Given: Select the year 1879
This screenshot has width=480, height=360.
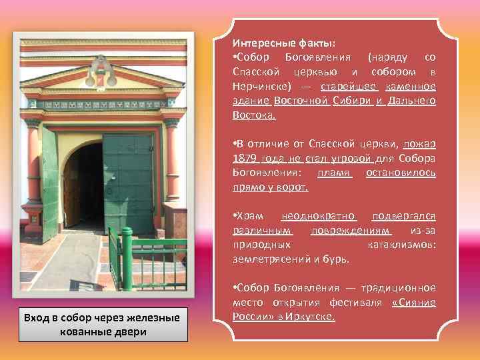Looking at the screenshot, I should pyautogui.click(x=245, y=159).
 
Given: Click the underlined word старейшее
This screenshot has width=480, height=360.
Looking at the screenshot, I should pyautogui.click(x=349, y=87).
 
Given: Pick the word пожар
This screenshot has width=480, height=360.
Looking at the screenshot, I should pyautogui.click(x=420, y=144).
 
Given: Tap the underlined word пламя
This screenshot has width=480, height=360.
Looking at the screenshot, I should pyautogui.click(x=334, y=173).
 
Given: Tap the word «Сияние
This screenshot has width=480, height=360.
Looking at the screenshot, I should pyautogui.click(x=413, y=302).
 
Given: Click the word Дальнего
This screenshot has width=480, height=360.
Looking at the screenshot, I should pyautogui.click(x=411, y=101).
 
